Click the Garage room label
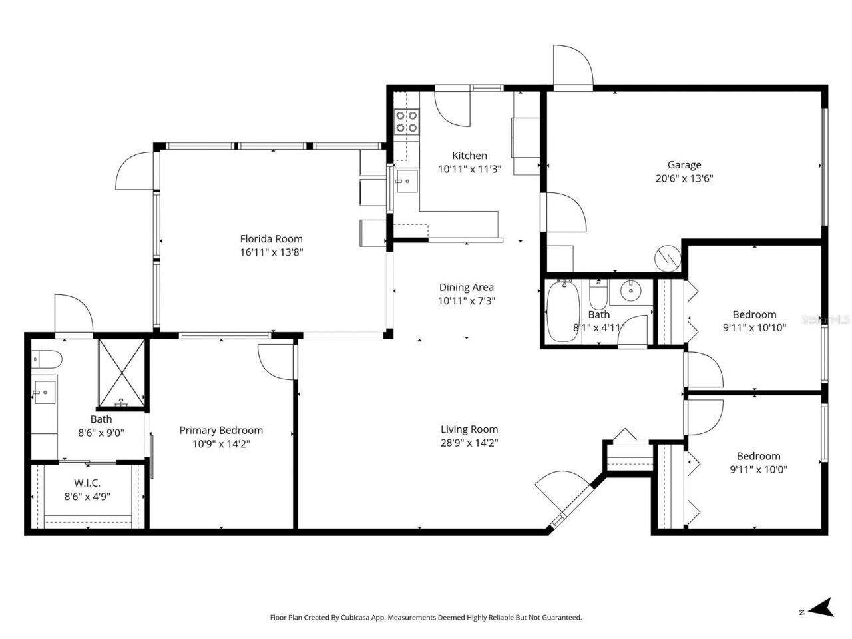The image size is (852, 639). (x=684, y=165)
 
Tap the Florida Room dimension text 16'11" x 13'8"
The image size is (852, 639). (x=271, y=252)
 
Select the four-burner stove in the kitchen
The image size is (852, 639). (x=407, y=121)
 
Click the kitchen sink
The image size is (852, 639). (x=406, y=180)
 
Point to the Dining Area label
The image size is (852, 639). (x=466, y=287)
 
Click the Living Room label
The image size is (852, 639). (x=469, y=429)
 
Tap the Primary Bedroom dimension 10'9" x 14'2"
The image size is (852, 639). (x=221, y=443)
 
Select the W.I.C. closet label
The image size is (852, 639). (x=87, y=483)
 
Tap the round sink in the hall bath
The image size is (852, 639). (x=630, y=290)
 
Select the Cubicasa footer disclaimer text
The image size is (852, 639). (x=426, y=617)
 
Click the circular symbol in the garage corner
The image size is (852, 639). (x=666, y=257)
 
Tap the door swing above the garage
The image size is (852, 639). (x=572, y=67)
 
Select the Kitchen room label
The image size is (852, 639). (x=469, y=156)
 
